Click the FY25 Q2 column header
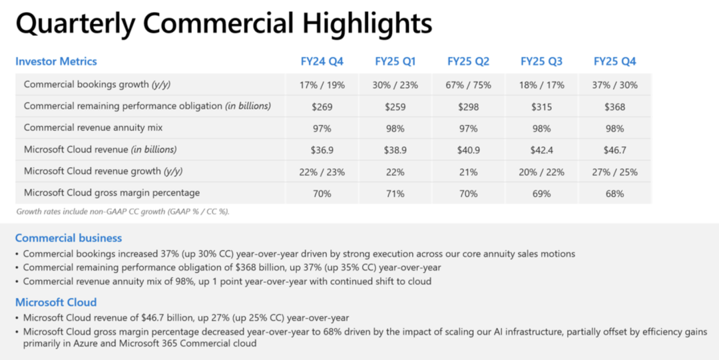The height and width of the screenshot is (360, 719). pos(469,61)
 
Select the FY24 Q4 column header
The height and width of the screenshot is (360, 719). pos(322,61)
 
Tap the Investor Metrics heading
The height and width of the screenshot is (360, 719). pos(56,61)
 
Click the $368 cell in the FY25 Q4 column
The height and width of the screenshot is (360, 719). pos(615,106)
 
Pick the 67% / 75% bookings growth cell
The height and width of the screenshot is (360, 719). pos(469,85)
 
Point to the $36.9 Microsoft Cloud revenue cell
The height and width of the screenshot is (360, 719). pos(322,150)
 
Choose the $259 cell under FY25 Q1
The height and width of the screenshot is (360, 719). pos(395,106)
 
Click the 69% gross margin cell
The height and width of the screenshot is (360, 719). pos(542,194)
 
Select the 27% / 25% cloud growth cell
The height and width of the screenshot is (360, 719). pos(615,172)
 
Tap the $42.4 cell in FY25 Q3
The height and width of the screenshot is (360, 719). pos(542,150)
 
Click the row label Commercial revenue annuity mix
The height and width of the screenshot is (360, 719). pos(93,128)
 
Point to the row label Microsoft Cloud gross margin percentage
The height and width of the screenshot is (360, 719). pos(112,193)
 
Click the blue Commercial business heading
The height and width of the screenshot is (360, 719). pos(69,238)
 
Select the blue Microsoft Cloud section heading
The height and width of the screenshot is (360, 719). pos(56,302)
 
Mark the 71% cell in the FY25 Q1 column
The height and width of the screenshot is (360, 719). pos(395,194)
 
